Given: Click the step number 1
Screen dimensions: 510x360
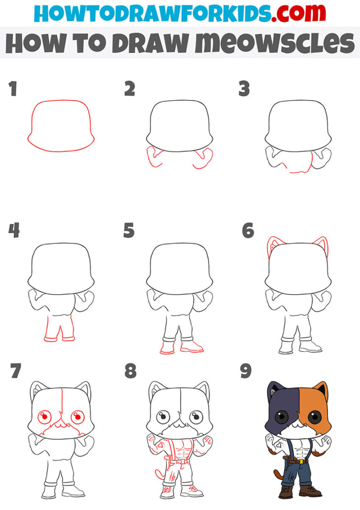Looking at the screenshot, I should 13,89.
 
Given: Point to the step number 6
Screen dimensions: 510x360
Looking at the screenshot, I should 247,231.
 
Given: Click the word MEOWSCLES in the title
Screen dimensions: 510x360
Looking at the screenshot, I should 275,43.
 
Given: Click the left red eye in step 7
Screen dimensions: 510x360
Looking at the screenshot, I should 45,416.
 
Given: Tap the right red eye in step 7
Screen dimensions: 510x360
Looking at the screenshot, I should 76,416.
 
